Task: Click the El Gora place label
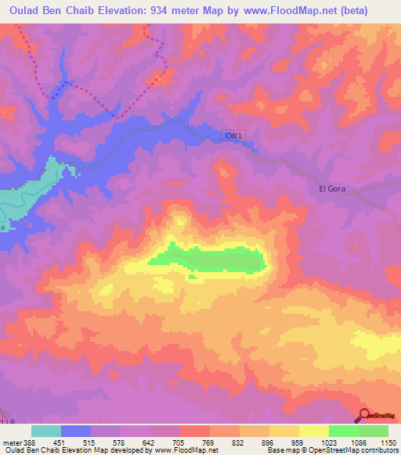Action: (x=332, y=188)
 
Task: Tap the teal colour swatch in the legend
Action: (x=46, y=431)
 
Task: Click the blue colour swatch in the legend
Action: (x=76, y=431)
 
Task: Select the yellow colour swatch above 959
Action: (x=284, y=431)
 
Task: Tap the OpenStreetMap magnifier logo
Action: (x=364, y=415)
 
